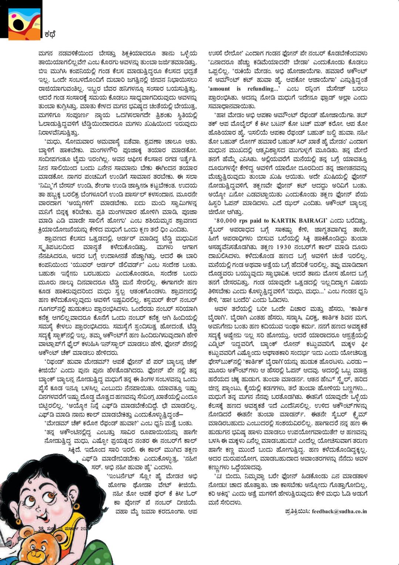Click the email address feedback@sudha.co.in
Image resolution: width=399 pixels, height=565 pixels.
[339, 511]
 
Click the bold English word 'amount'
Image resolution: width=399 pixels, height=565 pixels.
[219, 89]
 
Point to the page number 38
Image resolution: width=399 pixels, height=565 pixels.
[41, 528]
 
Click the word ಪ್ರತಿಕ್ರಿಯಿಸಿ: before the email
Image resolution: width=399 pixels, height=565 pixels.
[298, 511]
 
